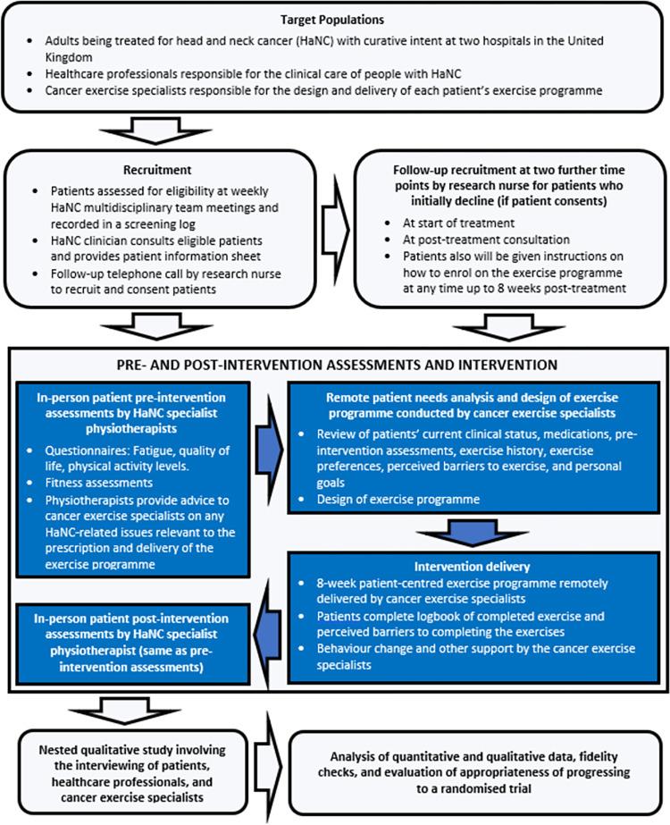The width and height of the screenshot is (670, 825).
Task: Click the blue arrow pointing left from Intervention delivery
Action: click(x=265, y=619)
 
